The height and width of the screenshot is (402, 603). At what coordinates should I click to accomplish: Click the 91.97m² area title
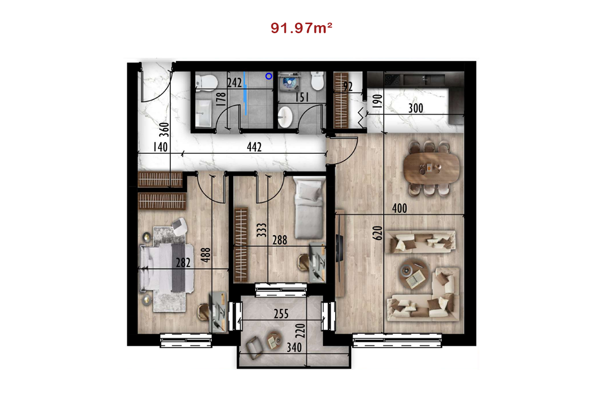[x=301, y=28]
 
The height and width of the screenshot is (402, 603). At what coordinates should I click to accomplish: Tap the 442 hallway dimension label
[x=254, y=147]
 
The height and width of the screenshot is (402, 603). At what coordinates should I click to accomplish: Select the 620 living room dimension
[x=377, y=233]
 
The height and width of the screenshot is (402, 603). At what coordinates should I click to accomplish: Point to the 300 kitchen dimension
[x=416, y=108]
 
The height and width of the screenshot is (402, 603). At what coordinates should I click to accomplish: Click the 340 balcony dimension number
[x=294, y=348]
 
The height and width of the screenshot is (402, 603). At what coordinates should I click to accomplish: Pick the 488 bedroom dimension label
[x=206, y=255]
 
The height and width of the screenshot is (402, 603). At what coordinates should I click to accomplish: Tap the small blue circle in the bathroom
[x=269, y=76]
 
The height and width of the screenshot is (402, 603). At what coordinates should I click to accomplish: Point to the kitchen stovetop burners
[x=393, y=80]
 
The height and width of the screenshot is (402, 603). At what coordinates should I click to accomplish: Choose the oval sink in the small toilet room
[x=285, y=117]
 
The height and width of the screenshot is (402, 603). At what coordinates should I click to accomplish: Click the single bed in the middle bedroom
[x=309, y=208]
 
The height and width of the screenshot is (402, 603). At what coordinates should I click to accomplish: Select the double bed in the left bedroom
[x=166, y=268]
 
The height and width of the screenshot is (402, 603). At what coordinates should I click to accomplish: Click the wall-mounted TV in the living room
[x=339, y=248]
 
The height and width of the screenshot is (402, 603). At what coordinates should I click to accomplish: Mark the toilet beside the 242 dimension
[x=207, y=83]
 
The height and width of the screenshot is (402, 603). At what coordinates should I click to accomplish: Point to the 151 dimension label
[x=302, y=97]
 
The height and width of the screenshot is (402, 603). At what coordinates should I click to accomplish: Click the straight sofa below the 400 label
[x=421, y=242]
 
